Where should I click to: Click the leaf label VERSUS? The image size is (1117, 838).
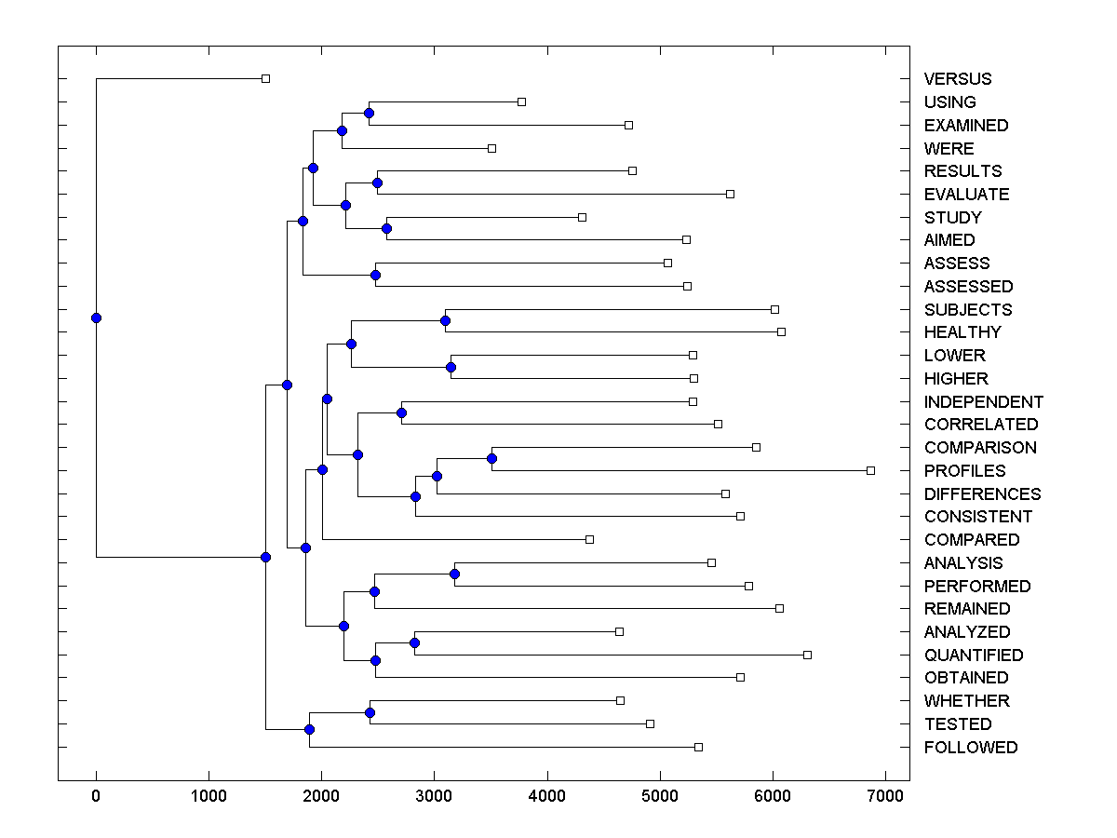click(x=958, y=79)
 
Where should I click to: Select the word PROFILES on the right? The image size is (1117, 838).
click(x=964, y=471)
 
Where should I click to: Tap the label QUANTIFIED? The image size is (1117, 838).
click(x=974, y=656)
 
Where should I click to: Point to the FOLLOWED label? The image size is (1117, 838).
click(x=971, y=748)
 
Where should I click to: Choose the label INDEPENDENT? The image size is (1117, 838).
click(x=984, y=402)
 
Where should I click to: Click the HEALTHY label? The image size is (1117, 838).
click(x=962, y=332)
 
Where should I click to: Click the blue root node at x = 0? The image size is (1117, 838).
click(x=96, y=318)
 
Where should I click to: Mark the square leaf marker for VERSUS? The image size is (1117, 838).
click(x=265, y=78)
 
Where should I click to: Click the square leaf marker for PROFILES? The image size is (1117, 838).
click(x=870, y=470)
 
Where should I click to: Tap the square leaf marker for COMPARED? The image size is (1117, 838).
click(x=589, y=539)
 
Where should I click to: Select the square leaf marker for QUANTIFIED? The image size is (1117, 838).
click(x=807, y=655)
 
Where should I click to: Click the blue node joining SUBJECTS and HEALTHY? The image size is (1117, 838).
click(x=445, y=320)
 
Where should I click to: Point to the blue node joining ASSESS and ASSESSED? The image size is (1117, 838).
click(x=375, y=275)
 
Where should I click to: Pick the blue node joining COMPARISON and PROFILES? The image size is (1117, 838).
click(x=491, y=458)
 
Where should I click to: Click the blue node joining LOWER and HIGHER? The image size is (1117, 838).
click(x=451, y=367)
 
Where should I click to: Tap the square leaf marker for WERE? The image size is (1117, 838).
click(x=491, y=148)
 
